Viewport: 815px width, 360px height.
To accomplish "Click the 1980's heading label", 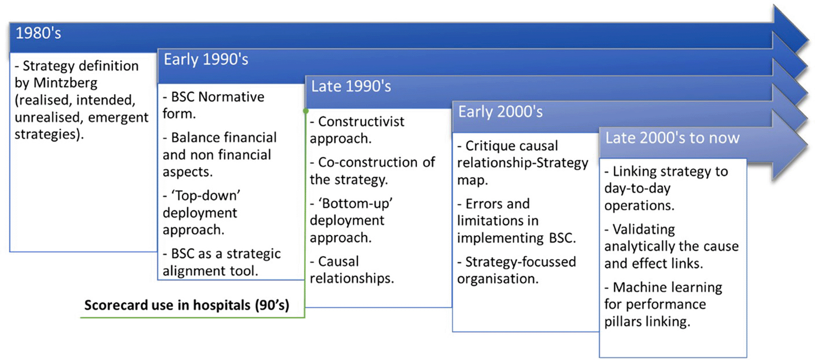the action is tap(38, 33).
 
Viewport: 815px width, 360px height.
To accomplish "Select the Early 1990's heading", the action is tap(206, 59).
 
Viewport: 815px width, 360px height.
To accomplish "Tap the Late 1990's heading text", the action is tap(351, 87).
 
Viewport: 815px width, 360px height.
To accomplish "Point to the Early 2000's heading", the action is tap(501, 112).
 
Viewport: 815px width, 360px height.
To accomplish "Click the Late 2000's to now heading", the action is tap(672, 138).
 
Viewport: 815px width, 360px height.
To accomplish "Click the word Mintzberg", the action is tap(66, 83).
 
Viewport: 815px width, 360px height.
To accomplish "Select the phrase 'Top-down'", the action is tap(206, 195).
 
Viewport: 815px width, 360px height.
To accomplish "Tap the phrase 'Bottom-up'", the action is tap(355, 203).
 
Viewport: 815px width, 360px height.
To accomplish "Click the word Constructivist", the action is tap(361, 121).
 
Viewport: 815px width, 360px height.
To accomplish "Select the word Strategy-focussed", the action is tap(520, 262).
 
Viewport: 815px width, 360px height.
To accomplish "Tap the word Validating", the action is tap(644, 229).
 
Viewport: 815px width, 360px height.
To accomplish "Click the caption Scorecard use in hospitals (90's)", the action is tap(187, 305).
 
